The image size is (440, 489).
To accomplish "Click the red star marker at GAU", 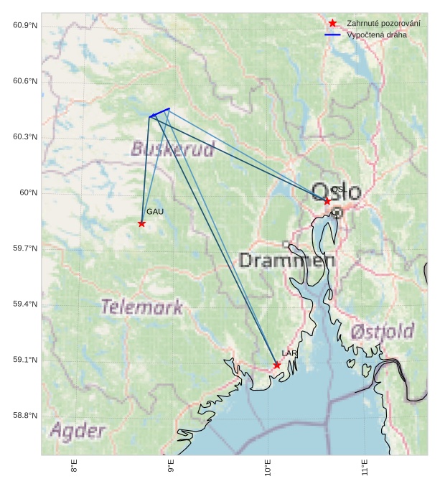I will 141,223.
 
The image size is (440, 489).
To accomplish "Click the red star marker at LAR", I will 277,365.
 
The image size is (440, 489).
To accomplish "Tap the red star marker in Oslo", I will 327,201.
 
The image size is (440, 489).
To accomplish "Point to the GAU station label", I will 156,212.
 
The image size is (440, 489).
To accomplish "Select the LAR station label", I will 289,354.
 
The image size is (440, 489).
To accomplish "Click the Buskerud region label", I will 173,149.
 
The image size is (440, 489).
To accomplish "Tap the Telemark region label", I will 142,307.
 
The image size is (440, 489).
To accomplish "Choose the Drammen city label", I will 287,260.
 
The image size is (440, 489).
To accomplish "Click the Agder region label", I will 78,431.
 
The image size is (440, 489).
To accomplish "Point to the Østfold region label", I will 383,332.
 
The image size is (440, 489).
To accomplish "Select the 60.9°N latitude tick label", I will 25,26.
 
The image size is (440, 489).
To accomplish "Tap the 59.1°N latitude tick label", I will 25,360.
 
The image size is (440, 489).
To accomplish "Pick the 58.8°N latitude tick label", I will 25,416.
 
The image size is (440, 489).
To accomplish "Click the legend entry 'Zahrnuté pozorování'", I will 383,24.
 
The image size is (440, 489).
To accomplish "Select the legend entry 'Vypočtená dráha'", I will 376,34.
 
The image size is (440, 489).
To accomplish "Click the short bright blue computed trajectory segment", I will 159,113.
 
